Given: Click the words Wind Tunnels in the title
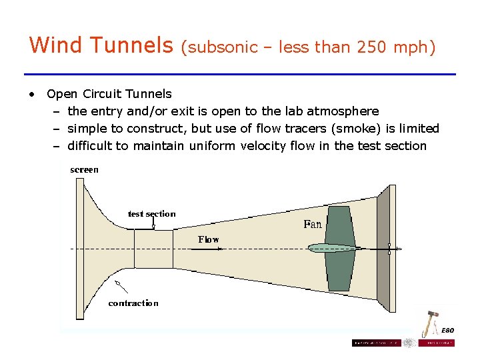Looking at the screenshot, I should point(101,45).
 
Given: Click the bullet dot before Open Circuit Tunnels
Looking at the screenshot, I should point(31,94).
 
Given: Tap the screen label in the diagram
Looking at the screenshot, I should point(84,170).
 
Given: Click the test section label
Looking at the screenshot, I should point(151,214).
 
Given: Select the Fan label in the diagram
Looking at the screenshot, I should point(313,224).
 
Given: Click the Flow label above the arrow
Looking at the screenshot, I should point(208,239).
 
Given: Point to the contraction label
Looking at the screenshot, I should point(133,303).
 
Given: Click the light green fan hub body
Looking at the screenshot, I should point(333,249).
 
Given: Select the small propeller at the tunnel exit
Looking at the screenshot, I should point(388,249).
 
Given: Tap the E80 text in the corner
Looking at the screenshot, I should point(449,331).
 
